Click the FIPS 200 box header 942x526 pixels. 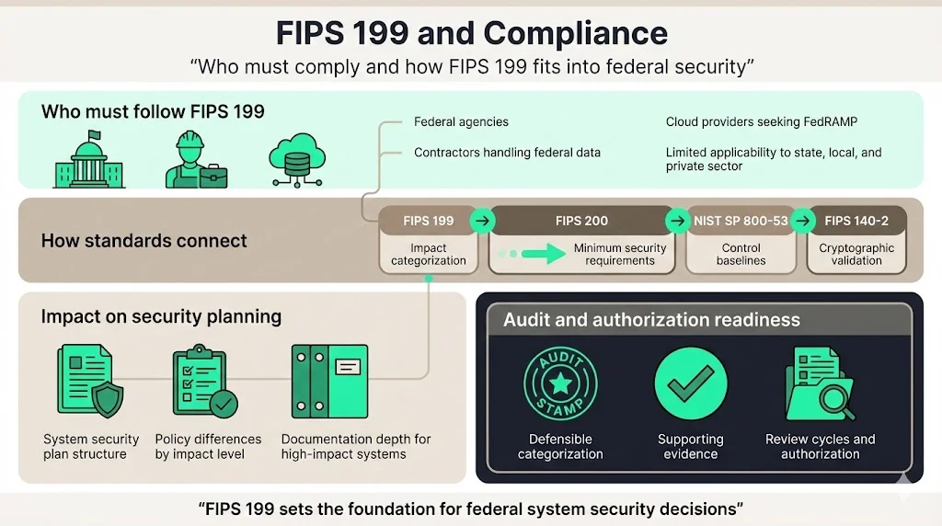click(581, 221)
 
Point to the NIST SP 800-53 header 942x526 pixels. click(741, 221)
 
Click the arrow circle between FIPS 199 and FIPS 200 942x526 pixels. click(483, 221)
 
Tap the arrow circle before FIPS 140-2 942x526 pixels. click(803, 221)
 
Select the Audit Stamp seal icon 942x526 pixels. click(560, 383)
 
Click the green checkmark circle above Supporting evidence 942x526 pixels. click(690, 383)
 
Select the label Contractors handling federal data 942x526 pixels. click(507, 153)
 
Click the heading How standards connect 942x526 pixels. click(144, 241)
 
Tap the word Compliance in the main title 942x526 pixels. click(575, 33)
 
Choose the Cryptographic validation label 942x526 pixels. click(856, 254)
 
